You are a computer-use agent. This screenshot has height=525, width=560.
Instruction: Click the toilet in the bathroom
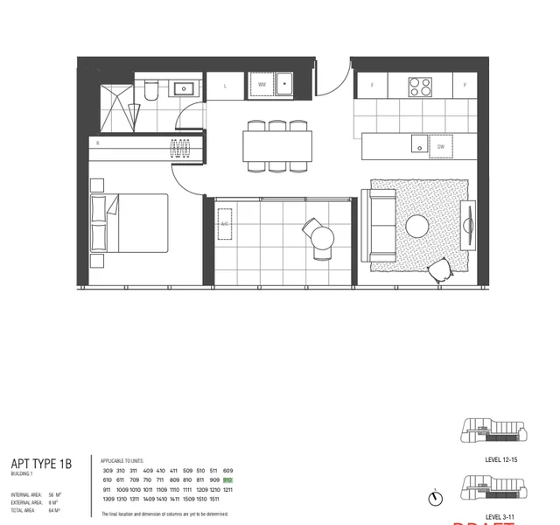(150, 89)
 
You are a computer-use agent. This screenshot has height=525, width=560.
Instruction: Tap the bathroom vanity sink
(185, 87)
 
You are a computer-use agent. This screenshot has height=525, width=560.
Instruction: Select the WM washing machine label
(261, 85)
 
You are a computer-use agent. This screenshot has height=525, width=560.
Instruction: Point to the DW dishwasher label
(442, 147)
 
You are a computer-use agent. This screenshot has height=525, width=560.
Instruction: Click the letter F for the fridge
(372, 86)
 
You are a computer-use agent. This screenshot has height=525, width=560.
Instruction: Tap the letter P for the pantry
(465, 86)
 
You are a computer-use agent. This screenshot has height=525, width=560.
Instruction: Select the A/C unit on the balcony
(224, 224)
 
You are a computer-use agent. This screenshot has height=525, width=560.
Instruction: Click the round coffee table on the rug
(417, 226)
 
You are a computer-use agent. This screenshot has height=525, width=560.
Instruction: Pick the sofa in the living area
(382, 225)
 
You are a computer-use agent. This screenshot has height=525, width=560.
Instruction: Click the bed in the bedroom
(129, 222)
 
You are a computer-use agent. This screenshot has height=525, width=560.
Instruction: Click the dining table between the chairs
(277, 145)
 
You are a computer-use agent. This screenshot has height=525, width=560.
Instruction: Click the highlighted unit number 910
(227, 480)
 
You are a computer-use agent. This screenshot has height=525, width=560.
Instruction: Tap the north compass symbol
(435, 499)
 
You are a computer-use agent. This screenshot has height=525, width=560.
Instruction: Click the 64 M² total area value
(55, 510)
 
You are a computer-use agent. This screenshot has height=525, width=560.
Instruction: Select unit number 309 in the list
(107, 471)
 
